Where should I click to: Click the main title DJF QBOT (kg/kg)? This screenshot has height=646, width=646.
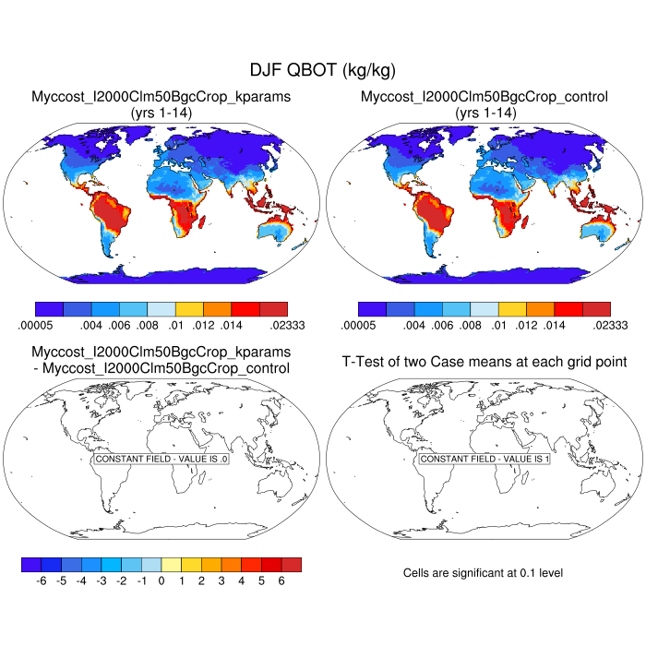tap(322, 70)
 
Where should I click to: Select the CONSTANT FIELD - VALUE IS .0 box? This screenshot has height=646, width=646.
tap(161, 459)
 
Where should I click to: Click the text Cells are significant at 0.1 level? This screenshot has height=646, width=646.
tap(483, 573)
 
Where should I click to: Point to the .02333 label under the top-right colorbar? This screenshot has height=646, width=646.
tap(610, 325)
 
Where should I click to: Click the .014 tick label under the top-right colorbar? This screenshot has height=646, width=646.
tap(556, 325)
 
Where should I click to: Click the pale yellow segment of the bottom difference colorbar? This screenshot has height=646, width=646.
tap(172, 564)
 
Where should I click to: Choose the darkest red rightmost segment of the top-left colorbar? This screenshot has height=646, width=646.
tap(273, 309)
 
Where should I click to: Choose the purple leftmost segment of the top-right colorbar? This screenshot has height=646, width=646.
tap(372, 309)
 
